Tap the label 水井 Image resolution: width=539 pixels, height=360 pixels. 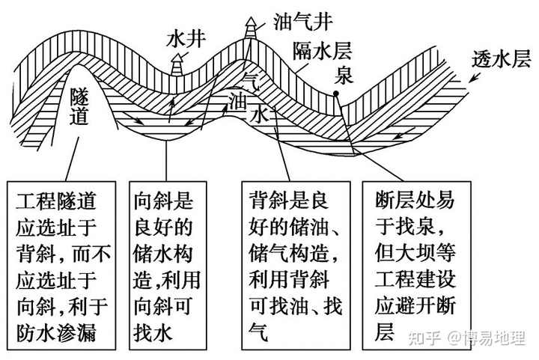[x=186, y=40]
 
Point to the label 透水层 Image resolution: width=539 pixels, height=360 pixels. [x=501, y=59]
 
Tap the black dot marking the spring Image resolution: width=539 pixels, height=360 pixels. [x=336, y=94]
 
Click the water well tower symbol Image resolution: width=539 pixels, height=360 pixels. [x=177, y=64]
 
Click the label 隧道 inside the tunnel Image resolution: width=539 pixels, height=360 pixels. [x=79, y=106]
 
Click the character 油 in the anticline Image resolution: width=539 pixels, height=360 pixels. [x=238, y=100]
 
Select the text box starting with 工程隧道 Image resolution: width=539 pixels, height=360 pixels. [x=61, y=266]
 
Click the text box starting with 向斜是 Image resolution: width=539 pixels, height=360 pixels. [x=168, y=266]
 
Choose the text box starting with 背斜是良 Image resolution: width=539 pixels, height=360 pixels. [x=296, y=266]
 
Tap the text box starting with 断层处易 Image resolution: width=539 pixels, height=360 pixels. [x=417, y=266]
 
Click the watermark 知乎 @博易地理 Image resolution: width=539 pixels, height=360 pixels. [x=467, y=338]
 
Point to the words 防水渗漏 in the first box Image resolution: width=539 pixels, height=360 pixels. [x=56, y=332]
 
